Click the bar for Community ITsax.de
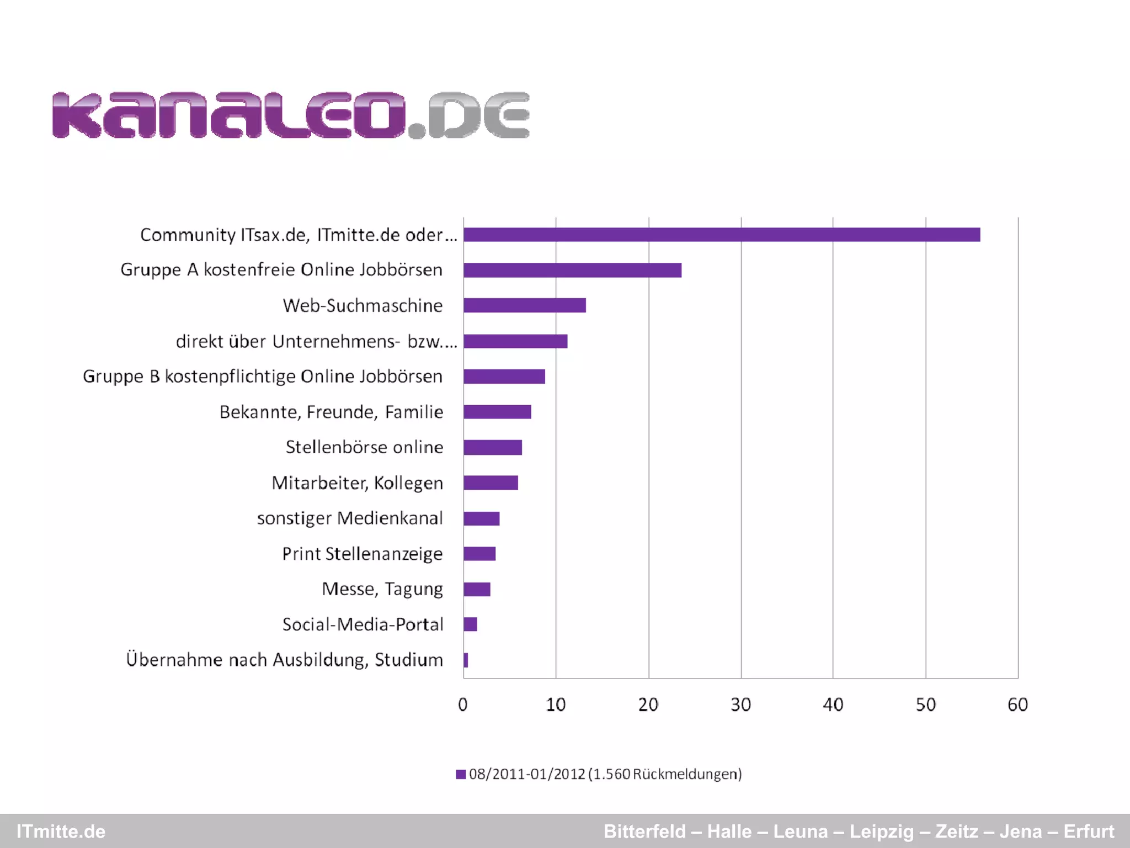coord(722,235)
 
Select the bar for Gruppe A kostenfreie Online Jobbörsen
coord(572,270)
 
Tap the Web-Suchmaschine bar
coord(524,305)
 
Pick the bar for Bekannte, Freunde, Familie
coord(497,412)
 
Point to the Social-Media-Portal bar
coord(470,624)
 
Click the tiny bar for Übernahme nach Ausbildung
coord(466,660)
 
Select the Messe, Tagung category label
coord(382,589)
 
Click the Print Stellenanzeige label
coord(362,554)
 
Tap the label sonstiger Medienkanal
coord(350,518)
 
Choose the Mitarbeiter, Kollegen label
coord(357,483)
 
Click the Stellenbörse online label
coord(364,447)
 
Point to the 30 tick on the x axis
coord(740,704)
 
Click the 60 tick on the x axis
coord(1017,704)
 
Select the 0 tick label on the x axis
coord(463,704)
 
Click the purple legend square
coord(461,774)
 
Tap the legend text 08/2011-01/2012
coord(605,774)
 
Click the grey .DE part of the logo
coord(477,115)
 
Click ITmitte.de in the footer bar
coord(61,831)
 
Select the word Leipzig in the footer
coord(881,831)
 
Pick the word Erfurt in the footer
coord(1089,831)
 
